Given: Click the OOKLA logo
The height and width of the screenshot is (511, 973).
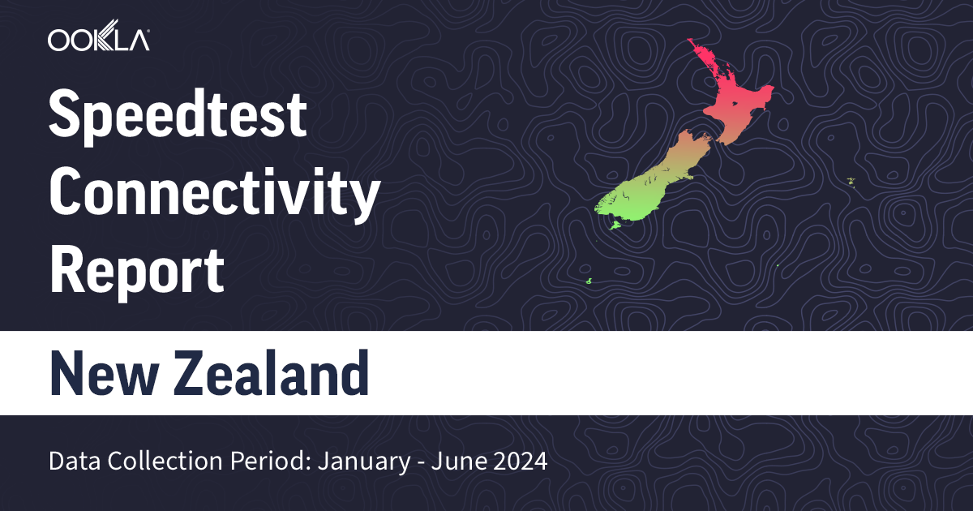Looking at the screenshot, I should (98, 40).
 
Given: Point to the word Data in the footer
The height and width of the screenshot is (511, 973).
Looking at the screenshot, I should (71, 462).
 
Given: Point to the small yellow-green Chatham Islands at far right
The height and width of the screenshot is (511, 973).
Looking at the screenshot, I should (851, 180).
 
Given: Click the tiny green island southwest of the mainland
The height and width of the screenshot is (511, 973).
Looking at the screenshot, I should (589, 281).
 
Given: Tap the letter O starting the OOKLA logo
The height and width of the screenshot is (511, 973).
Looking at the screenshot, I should (59, 40).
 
